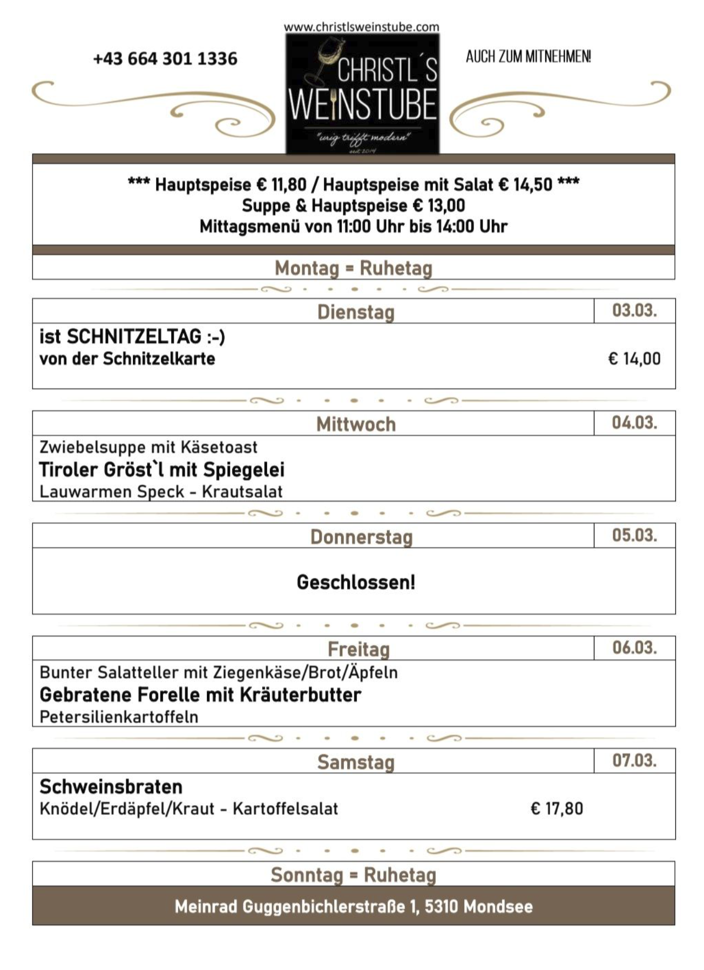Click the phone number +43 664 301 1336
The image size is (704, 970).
(x=165, y=58)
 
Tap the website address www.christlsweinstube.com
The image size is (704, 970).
(x=361, y=26)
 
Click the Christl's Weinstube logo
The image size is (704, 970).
(x=362, y=93)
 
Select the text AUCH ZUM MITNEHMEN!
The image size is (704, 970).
(x=528, y=57)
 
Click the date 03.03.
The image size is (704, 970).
(x=634, y=311)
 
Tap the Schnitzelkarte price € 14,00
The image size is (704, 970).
(x=634, y=359)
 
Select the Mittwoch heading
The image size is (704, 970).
(x=356, y=424)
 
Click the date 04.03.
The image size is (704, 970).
(x=634, y=422)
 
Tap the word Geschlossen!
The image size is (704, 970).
(x=356, y=582)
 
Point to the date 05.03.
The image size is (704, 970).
(x=634, y=535)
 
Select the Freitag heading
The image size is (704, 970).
(x=358, y=649)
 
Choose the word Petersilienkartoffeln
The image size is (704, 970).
(x=119, y=717)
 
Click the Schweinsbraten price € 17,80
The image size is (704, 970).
(x=557, y=809)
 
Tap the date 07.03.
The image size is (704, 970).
(x=634, y=760)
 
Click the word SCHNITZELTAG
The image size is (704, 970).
(x=134, y=336)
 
